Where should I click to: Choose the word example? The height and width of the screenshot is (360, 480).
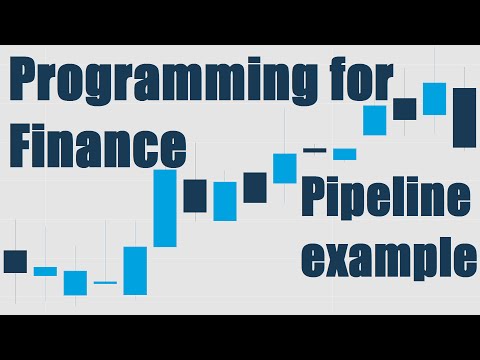(x=388, y=257)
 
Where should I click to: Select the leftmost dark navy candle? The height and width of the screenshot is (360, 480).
(x=15, y=261)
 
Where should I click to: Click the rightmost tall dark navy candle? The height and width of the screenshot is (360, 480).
(x=464, y=118)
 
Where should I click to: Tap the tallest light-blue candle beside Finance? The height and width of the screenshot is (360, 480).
(x=165, y=207)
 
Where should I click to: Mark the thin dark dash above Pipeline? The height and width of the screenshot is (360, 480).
(x=314, y=151)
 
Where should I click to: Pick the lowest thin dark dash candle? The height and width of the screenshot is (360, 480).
(x=105, y=283)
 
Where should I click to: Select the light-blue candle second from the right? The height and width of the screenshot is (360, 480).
(x=434, y=98)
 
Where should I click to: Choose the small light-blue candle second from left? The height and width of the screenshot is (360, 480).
(x=45, y=270)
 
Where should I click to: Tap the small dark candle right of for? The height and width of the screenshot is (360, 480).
(x=404, y=108)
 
